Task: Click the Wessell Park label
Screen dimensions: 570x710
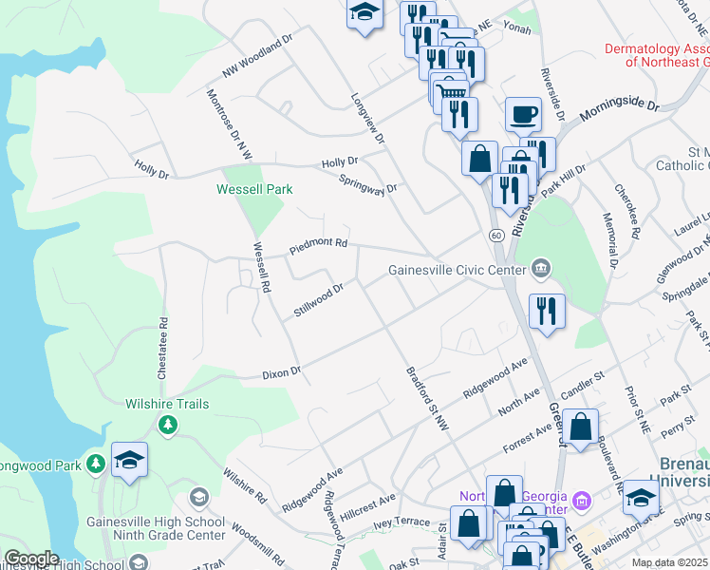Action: point(254,189)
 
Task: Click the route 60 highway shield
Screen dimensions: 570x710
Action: point(496,235)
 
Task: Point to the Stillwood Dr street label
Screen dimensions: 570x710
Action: point(318,299)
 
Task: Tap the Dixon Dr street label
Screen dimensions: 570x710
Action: point(281,372)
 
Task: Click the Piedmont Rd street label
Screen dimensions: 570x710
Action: point(319,247)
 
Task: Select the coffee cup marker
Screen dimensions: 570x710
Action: point(523,116)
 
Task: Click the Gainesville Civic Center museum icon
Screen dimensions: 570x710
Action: point(541,269)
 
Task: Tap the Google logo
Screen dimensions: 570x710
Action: point(31,558)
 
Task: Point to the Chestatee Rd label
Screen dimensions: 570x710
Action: point(162,348)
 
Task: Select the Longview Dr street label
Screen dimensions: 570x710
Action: point(369,119)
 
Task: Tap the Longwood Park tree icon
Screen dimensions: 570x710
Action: point(95,464)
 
